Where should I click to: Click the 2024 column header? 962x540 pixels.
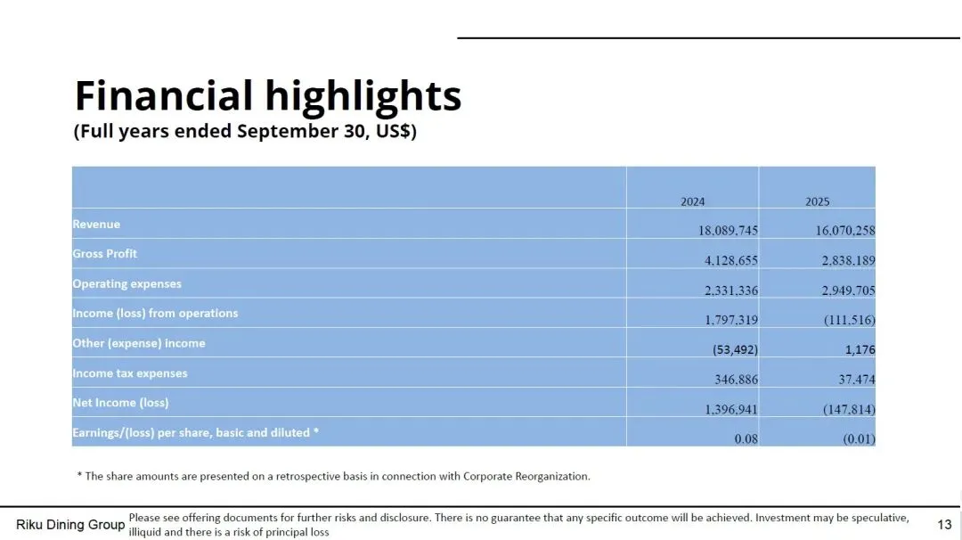pos(692,201)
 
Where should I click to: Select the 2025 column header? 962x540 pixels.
pos(817,201)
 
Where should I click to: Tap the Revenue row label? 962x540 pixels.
pos(96,225)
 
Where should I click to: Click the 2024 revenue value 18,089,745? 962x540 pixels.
pos(728,231)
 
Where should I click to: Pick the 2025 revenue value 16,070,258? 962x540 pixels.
pos(844,231)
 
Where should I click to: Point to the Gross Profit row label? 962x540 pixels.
pos(105,254)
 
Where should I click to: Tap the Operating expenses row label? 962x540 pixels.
pos(126,284)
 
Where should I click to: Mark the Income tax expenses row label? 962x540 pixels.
pos(130,373)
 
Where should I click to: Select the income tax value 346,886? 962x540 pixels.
pos(736,380)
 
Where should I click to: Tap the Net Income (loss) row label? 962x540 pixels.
pos(120,403)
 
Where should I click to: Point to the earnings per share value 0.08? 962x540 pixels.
pos(746,439)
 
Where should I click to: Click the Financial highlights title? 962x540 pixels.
pos(267,95)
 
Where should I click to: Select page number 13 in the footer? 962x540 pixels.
pos(944,525)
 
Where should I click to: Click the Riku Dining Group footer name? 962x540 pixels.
pos(70,525)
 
